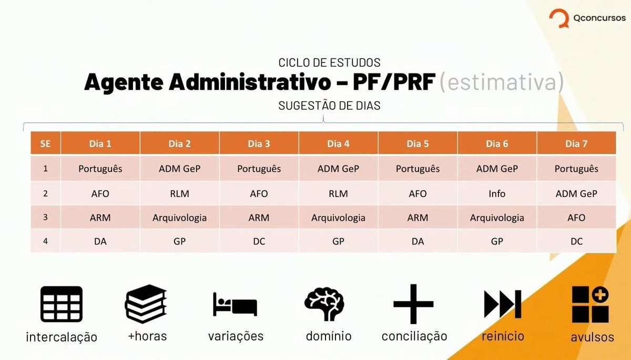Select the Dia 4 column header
pos(338,143)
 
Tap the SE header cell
pos(46,143)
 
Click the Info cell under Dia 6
pos(497,193)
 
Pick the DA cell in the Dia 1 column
pos(100,241)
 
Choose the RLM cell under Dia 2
pos(179,193)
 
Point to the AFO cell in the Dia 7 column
pos(576,218)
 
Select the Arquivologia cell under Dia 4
pos(338,218)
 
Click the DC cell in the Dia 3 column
pos(259,241)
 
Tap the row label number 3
pos(46,218)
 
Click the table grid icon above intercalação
pos(62,304)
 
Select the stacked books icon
pos(146,304)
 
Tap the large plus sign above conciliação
pos(414,304)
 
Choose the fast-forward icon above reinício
pos(502,304)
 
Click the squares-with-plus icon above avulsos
pos(591,304)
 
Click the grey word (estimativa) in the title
pos(501,83)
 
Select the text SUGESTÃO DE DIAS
pos(329,106)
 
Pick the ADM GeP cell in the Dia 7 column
pos(576,193)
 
